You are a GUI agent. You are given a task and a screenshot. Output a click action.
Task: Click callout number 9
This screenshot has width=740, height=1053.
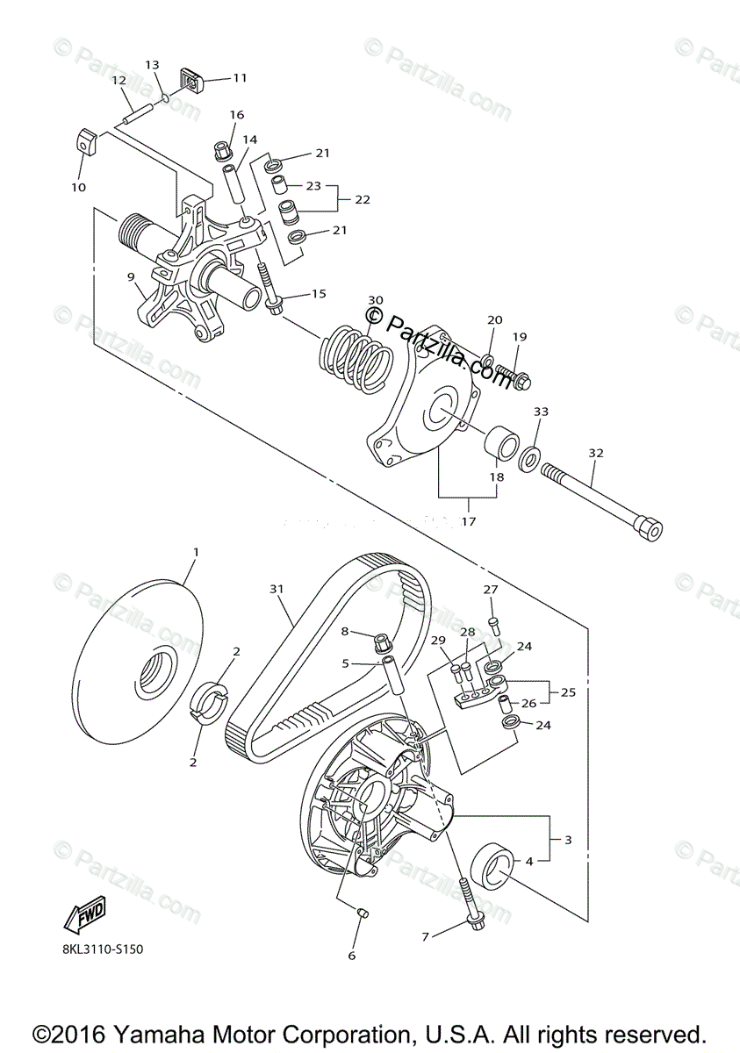[x=131, y=277]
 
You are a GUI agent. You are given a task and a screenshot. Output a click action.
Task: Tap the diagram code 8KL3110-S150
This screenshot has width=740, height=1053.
[x=103, y=949]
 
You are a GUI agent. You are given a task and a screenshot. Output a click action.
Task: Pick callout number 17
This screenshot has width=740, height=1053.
[x=468, y=521]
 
